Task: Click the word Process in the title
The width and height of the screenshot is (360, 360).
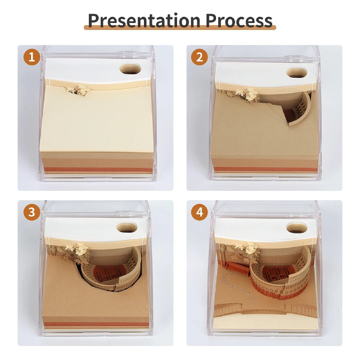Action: click(x=239, y=21)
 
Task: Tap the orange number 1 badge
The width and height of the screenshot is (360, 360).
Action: click(x=31, y=57)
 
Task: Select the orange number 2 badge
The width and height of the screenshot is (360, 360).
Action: click(x=199, y=57)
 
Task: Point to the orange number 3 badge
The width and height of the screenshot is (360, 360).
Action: click(x=31, y=212)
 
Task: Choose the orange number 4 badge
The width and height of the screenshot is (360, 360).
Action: click(x=199, y=212)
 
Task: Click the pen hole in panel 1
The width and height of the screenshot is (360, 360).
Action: click(x=130, y=69)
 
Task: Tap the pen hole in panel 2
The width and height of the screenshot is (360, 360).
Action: click(x=297, y=72)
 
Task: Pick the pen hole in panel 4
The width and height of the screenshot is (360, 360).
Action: click(x=297, y=228)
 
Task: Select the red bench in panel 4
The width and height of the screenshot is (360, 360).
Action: click(x=237, y=267)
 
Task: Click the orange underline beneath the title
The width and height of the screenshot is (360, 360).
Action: click(x=180, y=27)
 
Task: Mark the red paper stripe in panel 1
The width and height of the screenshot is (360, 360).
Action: click(x=98, y=170)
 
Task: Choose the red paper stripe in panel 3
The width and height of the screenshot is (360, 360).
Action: click(x=96, y=324)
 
